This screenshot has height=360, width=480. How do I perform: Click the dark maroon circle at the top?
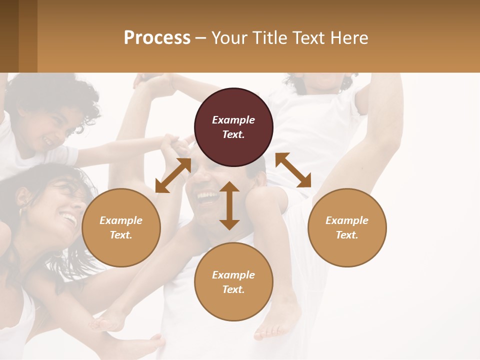point(233,127)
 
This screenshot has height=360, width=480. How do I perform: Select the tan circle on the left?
point(121,227)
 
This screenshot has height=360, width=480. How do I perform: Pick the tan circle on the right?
point(347,227)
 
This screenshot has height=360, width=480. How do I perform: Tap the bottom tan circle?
point(233,282)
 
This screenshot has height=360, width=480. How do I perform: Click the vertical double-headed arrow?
point(229,205)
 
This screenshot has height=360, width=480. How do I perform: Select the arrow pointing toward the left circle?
point(173,175)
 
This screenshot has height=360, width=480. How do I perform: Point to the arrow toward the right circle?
point(293,170)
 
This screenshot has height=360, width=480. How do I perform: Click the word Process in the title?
point(157,38)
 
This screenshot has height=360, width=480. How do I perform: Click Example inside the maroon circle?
point(233,120)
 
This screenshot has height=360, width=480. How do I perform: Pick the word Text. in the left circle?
point(121,235)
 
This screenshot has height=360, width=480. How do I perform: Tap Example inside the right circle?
point(347,220)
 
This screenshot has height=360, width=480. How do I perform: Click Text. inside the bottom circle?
point(233,289)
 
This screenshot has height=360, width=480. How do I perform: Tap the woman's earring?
point(21,211)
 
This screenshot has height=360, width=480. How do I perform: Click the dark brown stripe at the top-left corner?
point(9,36)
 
